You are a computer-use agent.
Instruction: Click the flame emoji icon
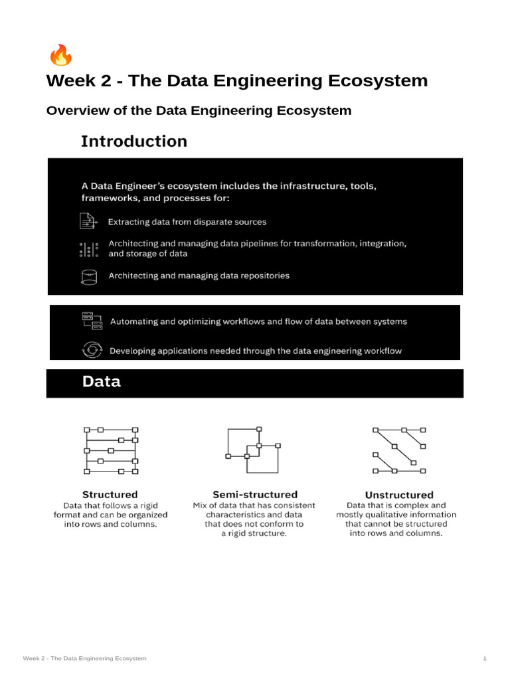61,56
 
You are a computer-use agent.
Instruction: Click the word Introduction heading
133,141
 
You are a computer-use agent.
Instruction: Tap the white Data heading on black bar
101,381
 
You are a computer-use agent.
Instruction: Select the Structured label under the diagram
110,494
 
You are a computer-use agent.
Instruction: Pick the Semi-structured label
254,494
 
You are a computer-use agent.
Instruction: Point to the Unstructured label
399,495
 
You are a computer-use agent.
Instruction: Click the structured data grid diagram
111,450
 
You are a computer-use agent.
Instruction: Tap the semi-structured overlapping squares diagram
252,449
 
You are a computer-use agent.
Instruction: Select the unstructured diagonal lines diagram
399,450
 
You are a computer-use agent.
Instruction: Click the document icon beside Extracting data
88,221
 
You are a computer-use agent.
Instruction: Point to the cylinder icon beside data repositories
88,276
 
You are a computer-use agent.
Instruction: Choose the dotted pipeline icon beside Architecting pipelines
88,249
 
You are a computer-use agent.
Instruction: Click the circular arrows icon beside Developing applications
91,350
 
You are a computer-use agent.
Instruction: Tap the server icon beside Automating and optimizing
91,321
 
